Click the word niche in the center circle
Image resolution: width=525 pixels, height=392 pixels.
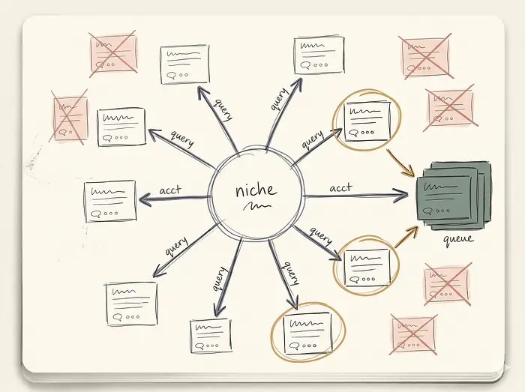click(256, 190)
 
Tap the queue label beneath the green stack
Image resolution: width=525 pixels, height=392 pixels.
click(458, 239)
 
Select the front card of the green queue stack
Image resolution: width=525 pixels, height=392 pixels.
click(447, 199)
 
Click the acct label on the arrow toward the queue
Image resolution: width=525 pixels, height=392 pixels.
click(340, 187)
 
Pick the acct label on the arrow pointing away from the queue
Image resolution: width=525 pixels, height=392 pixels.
click(170, 190)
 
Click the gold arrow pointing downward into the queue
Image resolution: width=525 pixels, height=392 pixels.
click(400, 163)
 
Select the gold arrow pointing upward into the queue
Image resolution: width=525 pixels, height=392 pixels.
click(406, 237)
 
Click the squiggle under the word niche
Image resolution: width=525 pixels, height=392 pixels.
click(256, 205)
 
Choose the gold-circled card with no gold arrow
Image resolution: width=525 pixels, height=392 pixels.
click(307, 333)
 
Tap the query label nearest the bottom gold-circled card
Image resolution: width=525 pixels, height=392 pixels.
click(291, 273)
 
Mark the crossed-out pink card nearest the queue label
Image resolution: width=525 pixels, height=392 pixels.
click(447, 284)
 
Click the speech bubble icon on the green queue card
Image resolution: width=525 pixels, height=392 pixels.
click(427, 211)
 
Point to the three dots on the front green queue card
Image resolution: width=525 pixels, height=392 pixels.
click(442, 211)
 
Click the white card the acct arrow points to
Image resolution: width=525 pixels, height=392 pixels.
click(110, 201)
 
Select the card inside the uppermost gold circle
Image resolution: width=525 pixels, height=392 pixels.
click(367, 121)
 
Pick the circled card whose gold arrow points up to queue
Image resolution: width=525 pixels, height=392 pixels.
click(367, 268)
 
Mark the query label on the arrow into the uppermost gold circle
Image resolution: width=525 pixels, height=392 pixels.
click(313, 139)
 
